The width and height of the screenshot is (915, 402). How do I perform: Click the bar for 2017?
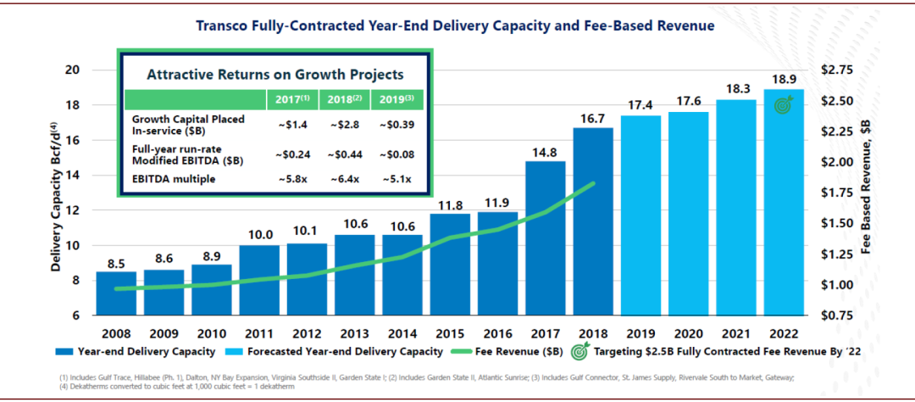pos(545,238)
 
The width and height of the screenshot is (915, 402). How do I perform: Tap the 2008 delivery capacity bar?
pos(116,293)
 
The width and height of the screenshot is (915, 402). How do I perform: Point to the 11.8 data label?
pos(450,204)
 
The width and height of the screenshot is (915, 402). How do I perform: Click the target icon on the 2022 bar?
pos(784,105)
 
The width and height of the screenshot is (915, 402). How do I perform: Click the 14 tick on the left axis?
pos(74,176)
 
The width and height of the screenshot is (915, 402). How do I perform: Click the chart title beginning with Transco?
pos(456,25)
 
